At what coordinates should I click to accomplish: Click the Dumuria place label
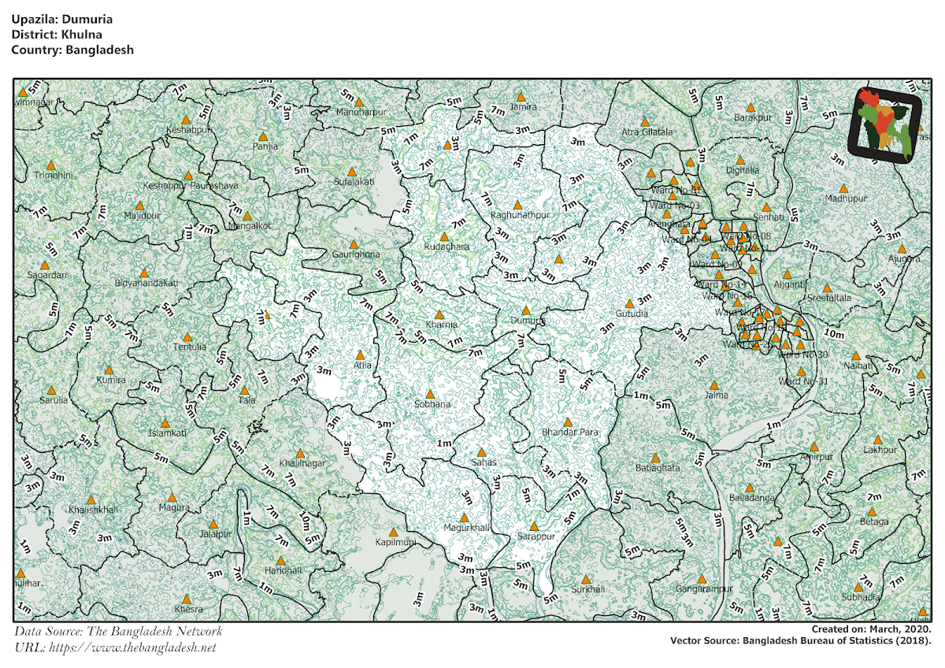pyautogui.click(x=527, y=321)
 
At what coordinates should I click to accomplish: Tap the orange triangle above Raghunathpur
pyautogui.click(x=517, y=205)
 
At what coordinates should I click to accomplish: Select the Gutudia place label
pyautogui.click(x=631, y=314)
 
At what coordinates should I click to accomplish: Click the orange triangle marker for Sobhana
pyautogui.click(x=430, y=395)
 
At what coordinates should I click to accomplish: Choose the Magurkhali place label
pyautogui.click(x=466, y=527)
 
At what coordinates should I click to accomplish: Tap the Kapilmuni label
pyautogui.click(x=395, y=544)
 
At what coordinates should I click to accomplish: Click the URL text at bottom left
pyautogui.click(x=115, y=648)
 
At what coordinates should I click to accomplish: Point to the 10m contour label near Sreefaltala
pyautogui.click(x=832, y=334)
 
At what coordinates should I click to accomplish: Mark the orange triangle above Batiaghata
pyautogui.click(x=654, y=458)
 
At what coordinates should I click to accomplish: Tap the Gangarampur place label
pyautogui.click(x=703, y=588)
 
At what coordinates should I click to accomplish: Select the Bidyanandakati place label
pyautogui.click(x=146, y=282)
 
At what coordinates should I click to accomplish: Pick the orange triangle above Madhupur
pyautogui.click(x=843, y=189)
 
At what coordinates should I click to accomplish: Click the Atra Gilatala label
pyautogui.click(x=647, y=132)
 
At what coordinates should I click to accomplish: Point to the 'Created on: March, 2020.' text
pyautogui.click(x=871, y=629)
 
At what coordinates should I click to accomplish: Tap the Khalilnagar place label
pyautogui.click(x=302, y=463)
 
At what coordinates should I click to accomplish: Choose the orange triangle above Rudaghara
pyautogui.click(x=443, y=236)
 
